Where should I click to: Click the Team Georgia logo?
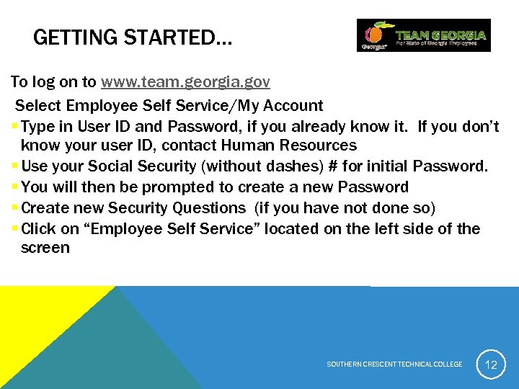[x=423, y=35]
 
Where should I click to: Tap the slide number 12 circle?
[x=491, y=365]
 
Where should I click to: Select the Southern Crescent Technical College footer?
[x=394, y=365]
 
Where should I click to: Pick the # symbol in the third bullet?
[x=333, y=166]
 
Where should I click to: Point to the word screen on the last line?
[x=45, y=249]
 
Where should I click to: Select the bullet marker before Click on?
[x=15, y=230]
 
